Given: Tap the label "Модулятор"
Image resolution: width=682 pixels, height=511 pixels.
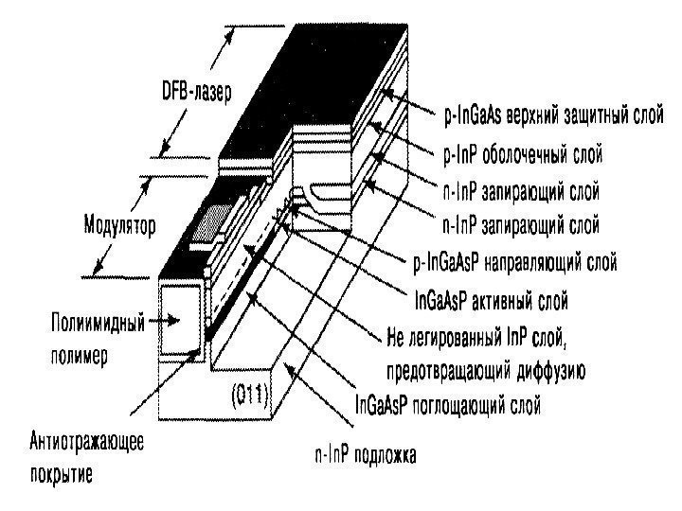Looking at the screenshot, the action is [x=118, y=227].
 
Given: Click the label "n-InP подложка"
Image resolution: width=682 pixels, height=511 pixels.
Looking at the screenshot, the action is [x=365, y=454].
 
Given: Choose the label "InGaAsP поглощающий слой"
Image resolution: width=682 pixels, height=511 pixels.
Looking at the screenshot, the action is [x=447, y=408].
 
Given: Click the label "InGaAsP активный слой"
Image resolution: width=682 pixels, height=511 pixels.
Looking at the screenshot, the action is [x=492, y=303].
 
